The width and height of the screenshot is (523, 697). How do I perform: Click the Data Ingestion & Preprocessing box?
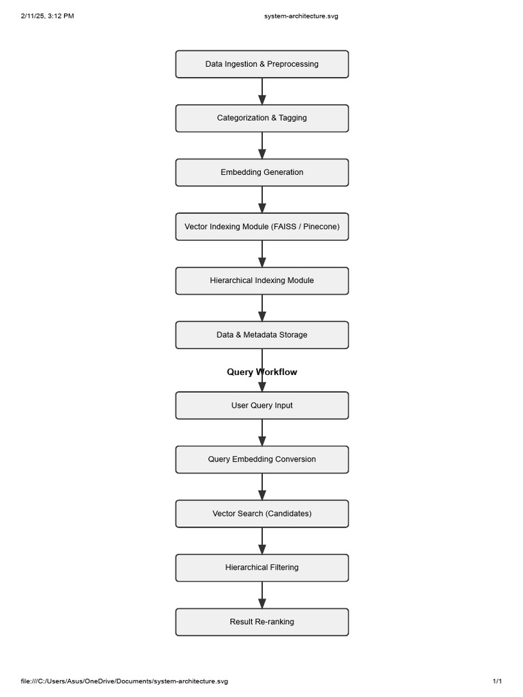pos(261,64)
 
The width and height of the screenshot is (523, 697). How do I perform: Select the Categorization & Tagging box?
pos(261,118)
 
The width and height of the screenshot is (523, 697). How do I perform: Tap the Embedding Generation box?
pos(261,172)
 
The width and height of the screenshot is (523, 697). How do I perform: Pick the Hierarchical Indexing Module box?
pos(261,280)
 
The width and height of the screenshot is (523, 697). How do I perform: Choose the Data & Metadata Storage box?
pos(261,335)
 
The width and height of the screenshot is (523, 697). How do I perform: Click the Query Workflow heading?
pos(261,372)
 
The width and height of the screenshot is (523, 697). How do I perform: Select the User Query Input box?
pos(261,405)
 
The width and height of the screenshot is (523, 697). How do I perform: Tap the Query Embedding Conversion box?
pos(261,459)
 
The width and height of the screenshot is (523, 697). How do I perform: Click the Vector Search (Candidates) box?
pos(261,514)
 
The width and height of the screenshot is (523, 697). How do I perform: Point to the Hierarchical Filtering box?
pos(261,568)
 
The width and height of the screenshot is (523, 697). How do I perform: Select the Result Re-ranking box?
pos(261,622)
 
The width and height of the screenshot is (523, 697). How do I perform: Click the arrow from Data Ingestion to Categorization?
pos(261,91)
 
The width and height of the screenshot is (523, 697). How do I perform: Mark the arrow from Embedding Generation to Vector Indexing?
pos(261,199)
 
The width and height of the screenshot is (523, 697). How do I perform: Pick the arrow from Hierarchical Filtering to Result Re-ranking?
pos(261,595)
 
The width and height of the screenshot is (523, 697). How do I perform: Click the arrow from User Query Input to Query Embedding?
pos(261,432)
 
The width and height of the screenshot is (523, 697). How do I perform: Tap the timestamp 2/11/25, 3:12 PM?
pos(48,16)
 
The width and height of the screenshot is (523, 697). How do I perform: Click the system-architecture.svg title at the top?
pos(301,16)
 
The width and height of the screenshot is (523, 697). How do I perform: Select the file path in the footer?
pos(125,681)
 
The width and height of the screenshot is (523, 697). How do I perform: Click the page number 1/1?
pos(497,681)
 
